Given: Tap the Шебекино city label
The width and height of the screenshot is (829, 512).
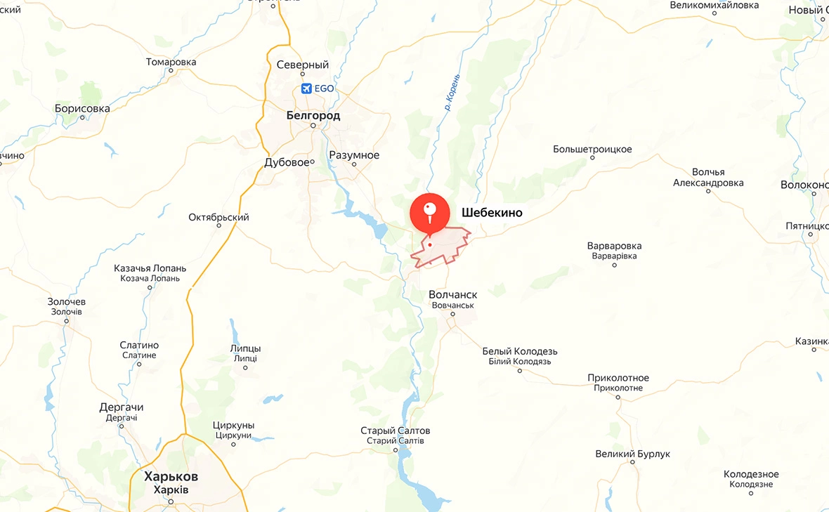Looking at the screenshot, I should click(492, 213).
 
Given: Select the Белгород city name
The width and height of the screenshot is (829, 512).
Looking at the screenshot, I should click(313, 115).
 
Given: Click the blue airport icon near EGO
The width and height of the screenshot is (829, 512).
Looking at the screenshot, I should click(306, 88).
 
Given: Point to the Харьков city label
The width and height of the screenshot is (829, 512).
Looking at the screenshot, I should click(171, 476).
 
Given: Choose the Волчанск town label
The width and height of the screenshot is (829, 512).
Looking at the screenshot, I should click(452, 295).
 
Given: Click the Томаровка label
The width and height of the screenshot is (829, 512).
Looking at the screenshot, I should click(171, 62).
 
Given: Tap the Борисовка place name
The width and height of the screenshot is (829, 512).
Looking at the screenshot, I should click(82, 108).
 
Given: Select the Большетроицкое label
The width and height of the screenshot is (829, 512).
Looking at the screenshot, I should click(592, 150).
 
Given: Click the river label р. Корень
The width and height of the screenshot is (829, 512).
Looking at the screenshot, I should click(452, 93).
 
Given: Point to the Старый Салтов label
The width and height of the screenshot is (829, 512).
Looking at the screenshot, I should click(396, 431).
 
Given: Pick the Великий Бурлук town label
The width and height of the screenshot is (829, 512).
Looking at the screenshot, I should click(632, 454).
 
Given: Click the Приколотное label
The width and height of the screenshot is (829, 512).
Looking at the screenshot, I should click(618, 378).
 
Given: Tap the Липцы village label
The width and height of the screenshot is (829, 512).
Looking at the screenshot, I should click(245, 348).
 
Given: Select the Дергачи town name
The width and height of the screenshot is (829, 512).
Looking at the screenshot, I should click(122, 407).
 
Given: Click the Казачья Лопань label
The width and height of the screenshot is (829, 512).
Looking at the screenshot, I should click(150, 268).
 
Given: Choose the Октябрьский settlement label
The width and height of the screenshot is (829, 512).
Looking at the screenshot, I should click(218, 218).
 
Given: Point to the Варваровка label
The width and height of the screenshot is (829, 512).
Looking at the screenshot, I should click(614, 247).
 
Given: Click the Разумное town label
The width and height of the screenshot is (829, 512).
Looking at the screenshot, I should click(354, 155).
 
